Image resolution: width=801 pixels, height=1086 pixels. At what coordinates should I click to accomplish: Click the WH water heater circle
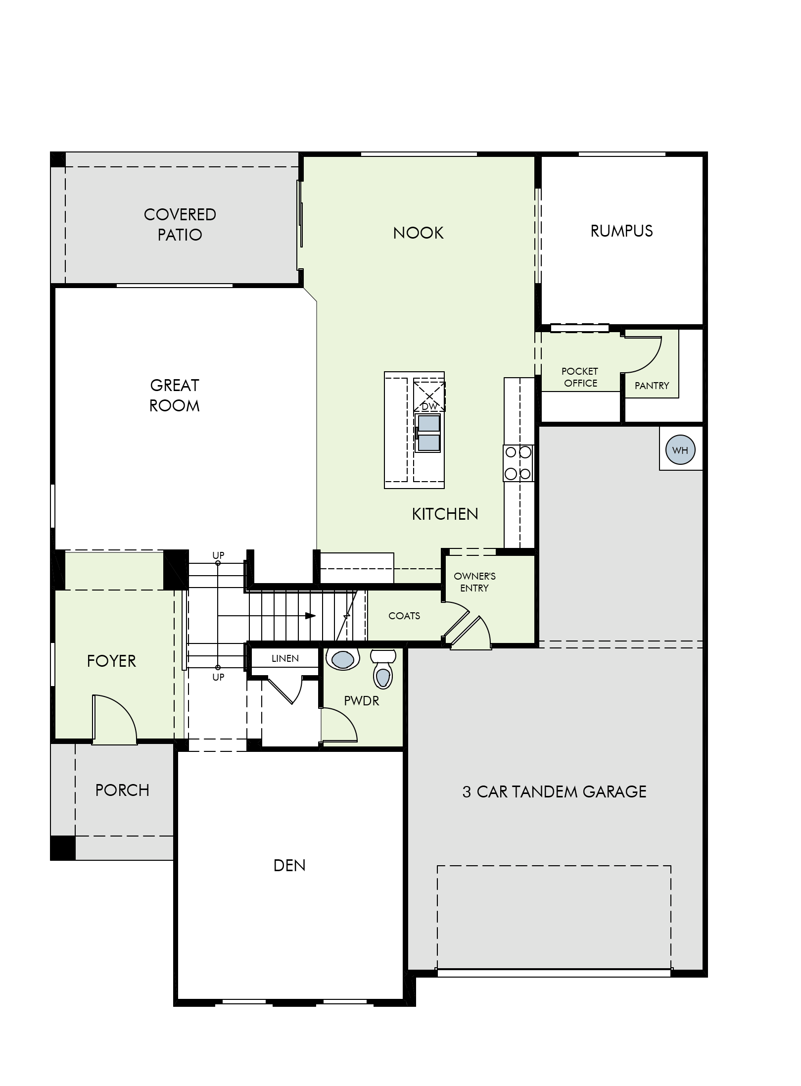pyautogui.click(x=680, y=450)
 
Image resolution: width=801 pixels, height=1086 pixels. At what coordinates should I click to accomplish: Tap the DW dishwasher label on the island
pyautogui.click(x=429, y=406)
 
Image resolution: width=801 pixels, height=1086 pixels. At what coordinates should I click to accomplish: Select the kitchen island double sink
pyautogui.click(x=428, y=433)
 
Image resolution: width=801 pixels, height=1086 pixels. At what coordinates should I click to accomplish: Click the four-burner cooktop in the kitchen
pyautogui.click(x=518, y=463)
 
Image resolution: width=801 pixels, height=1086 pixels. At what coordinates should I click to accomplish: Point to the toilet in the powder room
pyautogui.click(x=382, y=669)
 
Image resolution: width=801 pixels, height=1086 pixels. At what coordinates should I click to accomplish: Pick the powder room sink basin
pyautogui.click(x=342, y=659)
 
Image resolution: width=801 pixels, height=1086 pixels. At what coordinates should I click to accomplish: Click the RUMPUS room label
pyautogui.click(x=621, y=231)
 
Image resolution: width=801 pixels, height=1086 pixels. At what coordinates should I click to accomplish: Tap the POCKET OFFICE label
pyautogui.click(x=580, y=377)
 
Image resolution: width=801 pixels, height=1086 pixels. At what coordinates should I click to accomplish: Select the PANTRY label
pyautogui.click(x=652, y=385)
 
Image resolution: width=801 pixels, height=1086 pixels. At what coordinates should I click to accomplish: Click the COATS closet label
pyautogui.click(x=404, y=616)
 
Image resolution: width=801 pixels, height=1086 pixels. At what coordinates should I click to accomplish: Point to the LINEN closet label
pyautogui.click(x=285, y=658)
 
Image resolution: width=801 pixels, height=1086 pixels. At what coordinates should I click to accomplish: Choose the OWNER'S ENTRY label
pyautogui.click(x=474, y=582)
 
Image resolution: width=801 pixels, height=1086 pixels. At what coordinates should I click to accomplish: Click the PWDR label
pyautogui.click(x=362, y=700)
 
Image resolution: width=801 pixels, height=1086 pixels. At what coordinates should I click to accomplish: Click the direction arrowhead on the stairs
pyautogui.click(x=310, y=616)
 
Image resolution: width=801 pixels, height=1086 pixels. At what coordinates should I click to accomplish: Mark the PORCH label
pyautogui.click(x=122, y=790)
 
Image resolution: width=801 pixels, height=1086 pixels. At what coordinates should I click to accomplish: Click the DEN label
pyautogui.click(x=289, y=865)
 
